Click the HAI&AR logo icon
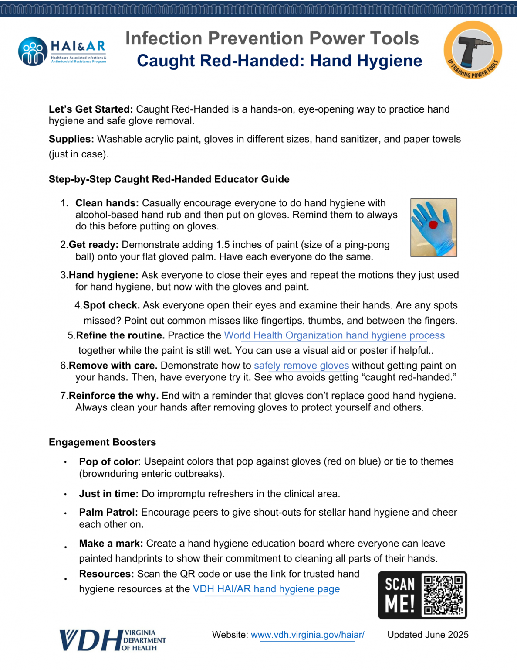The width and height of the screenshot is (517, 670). (33, 51)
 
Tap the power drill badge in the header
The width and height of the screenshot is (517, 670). (473, 50)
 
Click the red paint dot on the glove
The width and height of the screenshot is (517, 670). (433, 225)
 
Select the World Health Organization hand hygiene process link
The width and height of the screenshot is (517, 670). (334, 335)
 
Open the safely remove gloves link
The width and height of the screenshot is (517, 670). (301, 366)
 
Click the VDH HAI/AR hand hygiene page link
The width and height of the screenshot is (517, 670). (266, 589)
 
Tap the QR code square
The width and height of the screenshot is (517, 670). (443, 595)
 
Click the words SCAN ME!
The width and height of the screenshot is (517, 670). (400, 595)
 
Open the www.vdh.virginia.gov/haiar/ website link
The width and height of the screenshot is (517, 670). (307, 635)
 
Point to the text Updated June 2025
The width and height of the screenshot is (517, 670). (428, 635)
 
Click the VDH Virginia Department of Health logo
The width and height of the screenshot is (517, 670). (112, 640)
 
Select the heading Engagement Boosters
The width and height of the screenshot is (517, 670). (102, 442)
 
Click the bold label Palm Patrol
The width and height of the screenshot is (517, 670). (108, 512)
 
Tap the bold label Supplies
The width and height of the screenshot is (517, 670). (71, 139)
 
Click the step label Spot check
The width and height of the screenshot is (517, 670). (111, 305)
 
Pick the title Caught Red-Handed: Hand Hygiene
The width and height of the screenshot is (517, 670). (279, 61)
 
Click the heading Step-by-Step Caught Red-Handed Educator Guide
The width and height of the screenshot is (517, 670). (169, 179)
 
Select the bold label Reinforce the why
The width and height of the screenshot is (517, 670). (113, 396)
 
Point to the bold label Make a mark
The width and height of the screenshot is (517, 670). (111, 544)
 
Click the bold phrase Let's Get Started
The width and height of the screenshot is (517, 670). (91, 109)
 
